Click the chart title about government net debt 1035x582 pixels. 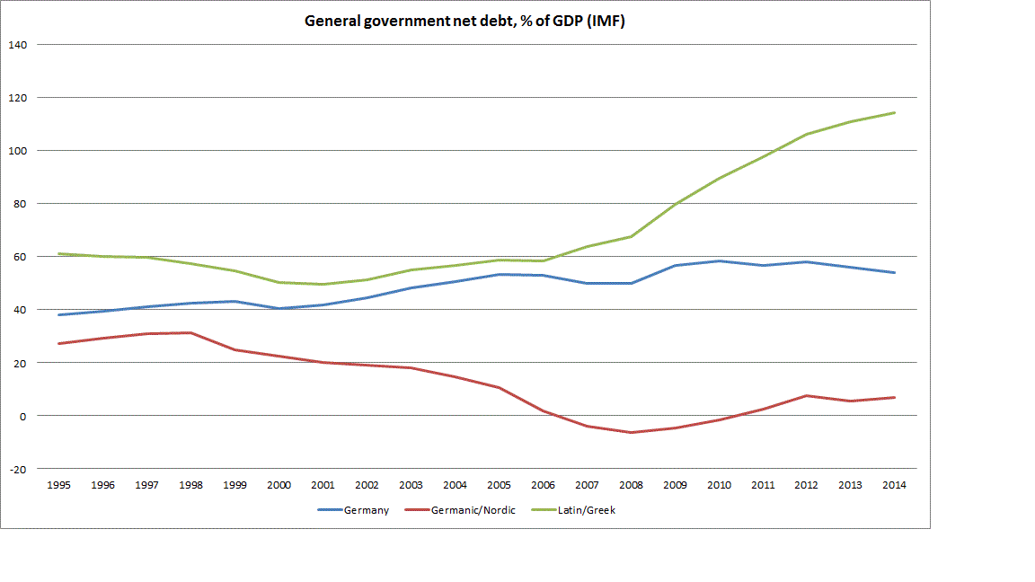tap(464, 22)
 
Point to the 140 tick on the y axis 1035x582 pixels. tap(18, 44)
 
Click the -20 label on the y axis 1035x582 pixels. tap(18, 469)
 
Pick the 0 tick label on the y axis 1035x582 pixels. tap(23, 416)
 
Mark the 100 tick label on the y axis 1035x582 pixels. tap(18, 150)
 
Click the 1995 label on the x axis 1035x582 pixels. tap(59, 485)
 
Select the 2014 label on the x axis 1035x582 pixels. tap(894, 485)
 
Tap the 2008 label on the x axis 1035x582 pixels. tap(631, 485)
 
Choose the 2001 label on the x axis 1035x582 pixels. tap(323, 485)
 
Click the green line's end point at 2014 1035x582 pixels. tap(895, 112)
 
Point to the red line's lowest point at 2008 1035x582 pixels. tap(631, 433)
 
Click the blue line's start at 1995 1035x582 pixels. tap(59, 314)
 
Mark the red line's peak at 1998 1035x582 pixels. tap(190, 332)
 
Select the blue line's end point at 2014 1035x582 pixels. tap(895, 272)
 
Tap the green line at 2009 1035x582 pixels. tap(675, 205)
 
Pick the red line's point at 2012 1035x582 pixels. tap(807, 395)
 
